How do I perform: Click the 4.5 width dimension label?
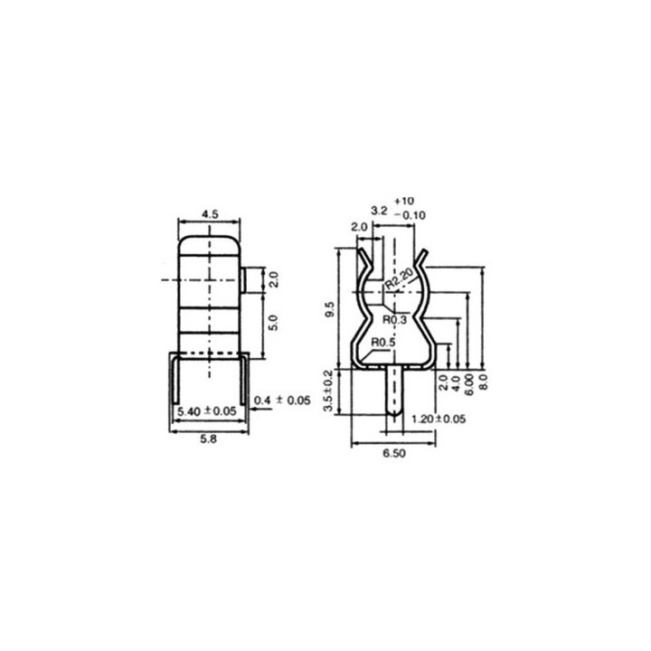pyautogui.click(x=210, y=214)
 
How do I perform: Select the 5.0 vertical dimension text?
pyautogui.click(x=274, y=323)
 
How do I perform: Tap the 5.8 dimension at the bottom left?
pyautogui.click(x=209, y=439)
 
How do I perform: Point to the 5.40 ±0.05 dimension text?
pyautogui.click(x=207, y=411)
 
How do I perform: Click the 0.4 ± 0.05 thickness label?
pyautogui.click(x=282, y=401)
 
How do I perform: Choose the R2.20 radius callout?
pyautogui.click(x=399, y=278)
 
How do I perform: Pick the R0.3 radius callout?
pyautogui.click(x=395, y=320)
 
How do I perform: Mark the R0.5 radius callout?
pyautogui.click(x=383, y=343)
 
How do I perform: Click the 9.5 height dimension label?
pyautogui.click(x=331, y=309)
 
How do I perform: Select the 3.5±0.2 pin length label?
pyautogui.click(x=328, y=391)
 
